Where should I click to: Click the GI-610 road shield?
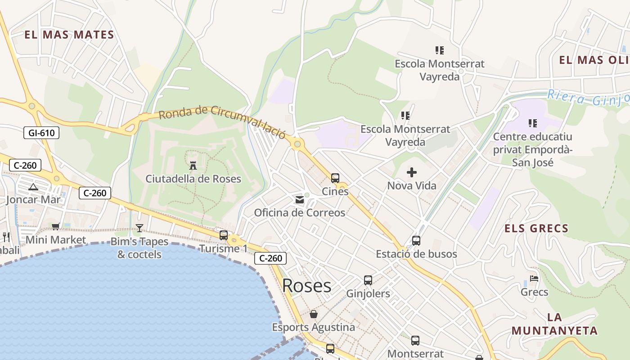click(41, 132)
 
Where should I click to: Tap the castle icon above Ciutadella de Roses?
click(193, 165)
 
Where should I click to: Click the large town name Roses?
click(306, 285)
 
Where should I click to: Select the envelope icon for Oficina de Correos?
click(300, 200)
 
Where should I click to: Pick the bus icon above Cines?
click(335, 178)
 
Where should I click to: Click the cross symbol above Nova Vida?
click(411, 172)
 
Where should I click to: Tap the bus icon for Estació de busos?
click(416, 241)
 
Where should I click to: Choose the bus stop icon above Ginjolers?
click(368, 280)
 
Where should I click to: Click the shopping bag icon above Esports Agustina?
click(313, 314)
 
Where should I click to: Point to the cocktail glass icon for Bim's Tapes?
click(139, 228)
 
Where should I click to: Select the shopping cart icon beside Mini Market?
click(55, 227)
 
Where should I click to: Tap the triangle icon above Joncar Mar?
click(32, 187)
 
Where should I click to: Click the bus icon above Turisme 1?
click(224, 235)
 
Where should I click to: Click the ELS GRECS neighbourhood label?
click(536, 229)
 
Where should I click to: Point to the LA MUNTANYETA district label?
click(554, 324)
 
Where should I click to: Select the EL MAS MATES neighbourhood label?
click(69, 35)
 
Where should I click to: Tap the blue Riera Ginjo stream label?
click(588, 98)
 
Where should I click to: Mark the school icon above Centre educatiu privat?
click(533, 123)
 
